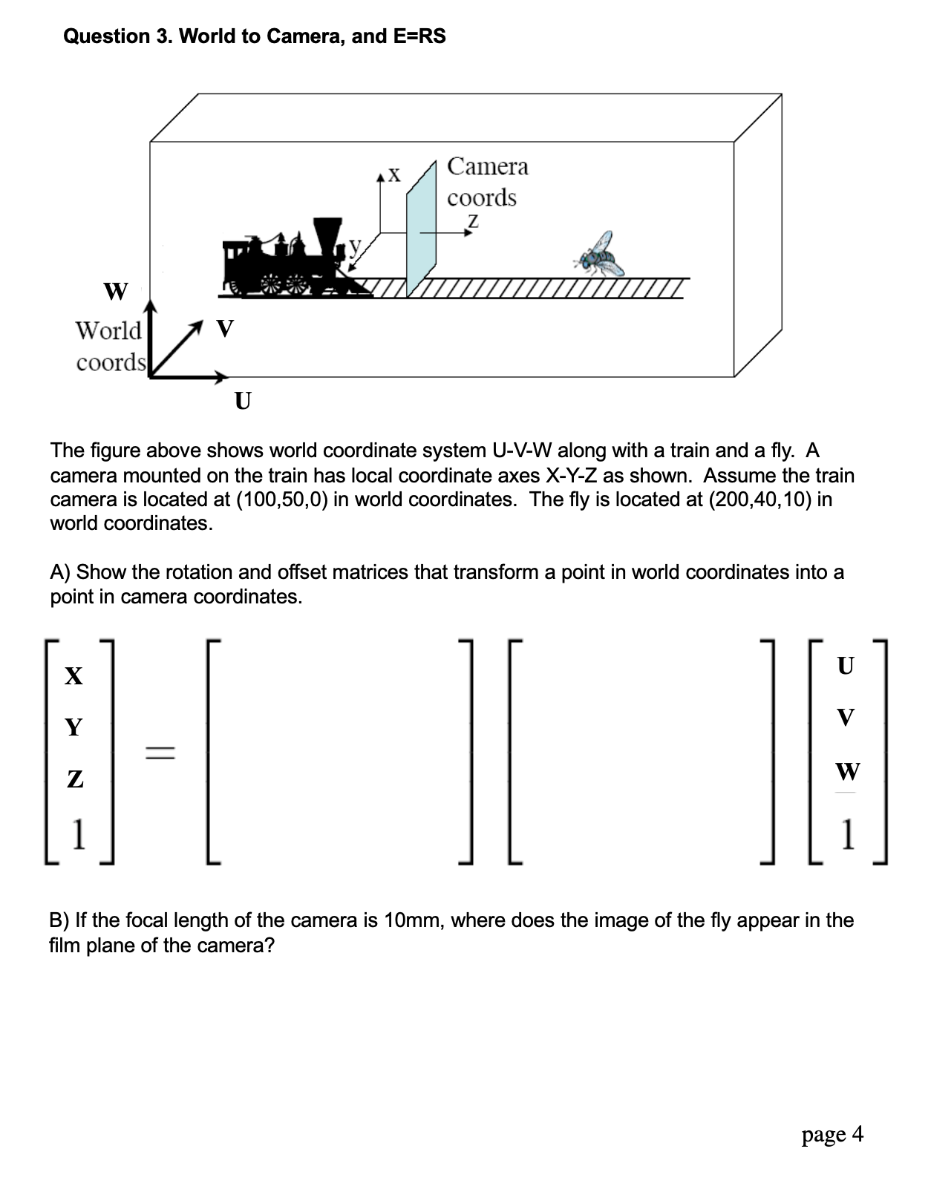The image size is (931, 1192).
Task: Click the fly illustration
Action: [600, 255]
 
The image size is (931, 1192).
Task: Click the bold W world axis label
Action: [115, 292]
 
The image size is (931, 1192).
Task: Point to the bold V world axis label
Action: [223, 327]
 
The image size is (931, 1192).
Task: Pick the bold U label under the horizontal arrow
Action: [242, 402]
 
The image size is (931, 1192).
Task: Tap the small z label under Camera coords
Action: [472, 220]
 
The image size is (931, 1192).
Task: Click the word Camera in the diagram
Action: [488, 166]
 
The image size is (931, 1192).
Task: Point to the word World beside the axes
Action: [108, 330]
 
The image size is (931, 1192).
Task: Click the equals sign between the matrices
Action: [159, 753]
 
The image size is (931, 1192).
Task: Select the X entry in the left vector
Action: [73, 676]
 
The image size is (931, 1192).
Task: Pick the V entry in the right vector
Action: [845, 718]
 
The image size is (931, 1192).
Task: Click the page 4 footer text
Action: [832, 1134]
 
